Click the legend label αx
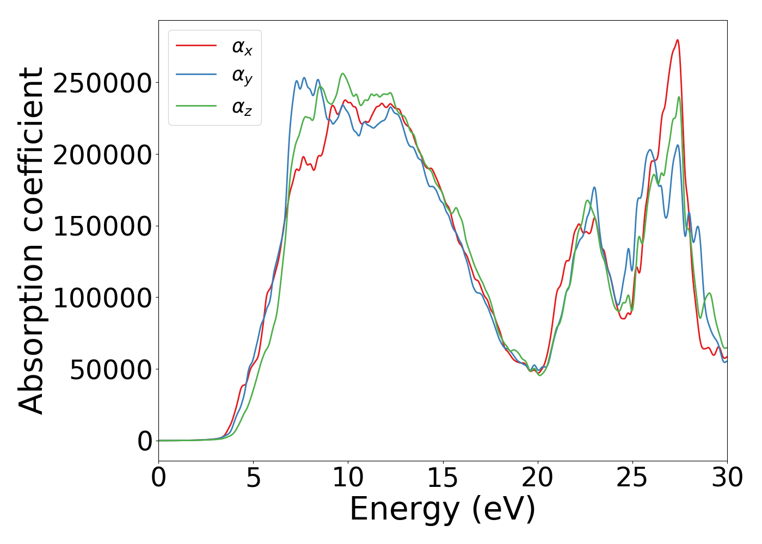pyautogui.click(x=242, y=47)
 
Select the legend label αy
pyautogui.click(x=242, y=77)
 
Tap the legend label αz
pyautogui.click(x=242, y=107)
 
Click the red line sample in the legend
pyautogui.click(x=196, y=46)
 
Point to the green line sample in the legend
pyautogui.click(x=196, y=106)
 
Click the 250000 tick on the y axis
pyautogui.click(x=102, y=83)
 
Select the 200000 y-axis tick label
pyautogui.click(x=102, y=155)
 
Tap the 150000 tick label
pyautogui.click(x=102, y=226)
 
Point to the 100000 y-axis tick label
pyautogui.click(x=102, y=298)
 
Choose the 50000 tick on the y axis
pyautogui.click(x=110, y=370)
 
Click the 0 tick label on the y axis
pyautogui.click(x=145, y=441)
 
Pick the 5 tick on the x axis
pyautogui.click(x=254, y=478)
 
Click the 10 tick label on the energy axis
pyautogui.click(x=348, y=478)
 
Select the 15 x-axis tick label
pyautogui.click(x=443, y=478)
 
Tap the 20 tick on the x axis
pyautogui.click(x=538, y=478)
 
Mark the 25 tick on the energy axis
pyautogui.click(x=632, y=478)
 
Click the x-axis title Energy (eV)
pyautogui.click(x=443, y=510)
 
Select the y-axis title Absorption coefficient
pyautogui.click(x=31, y=240)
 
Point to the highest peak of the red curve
pyautogui.click(x=677, y=40)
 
